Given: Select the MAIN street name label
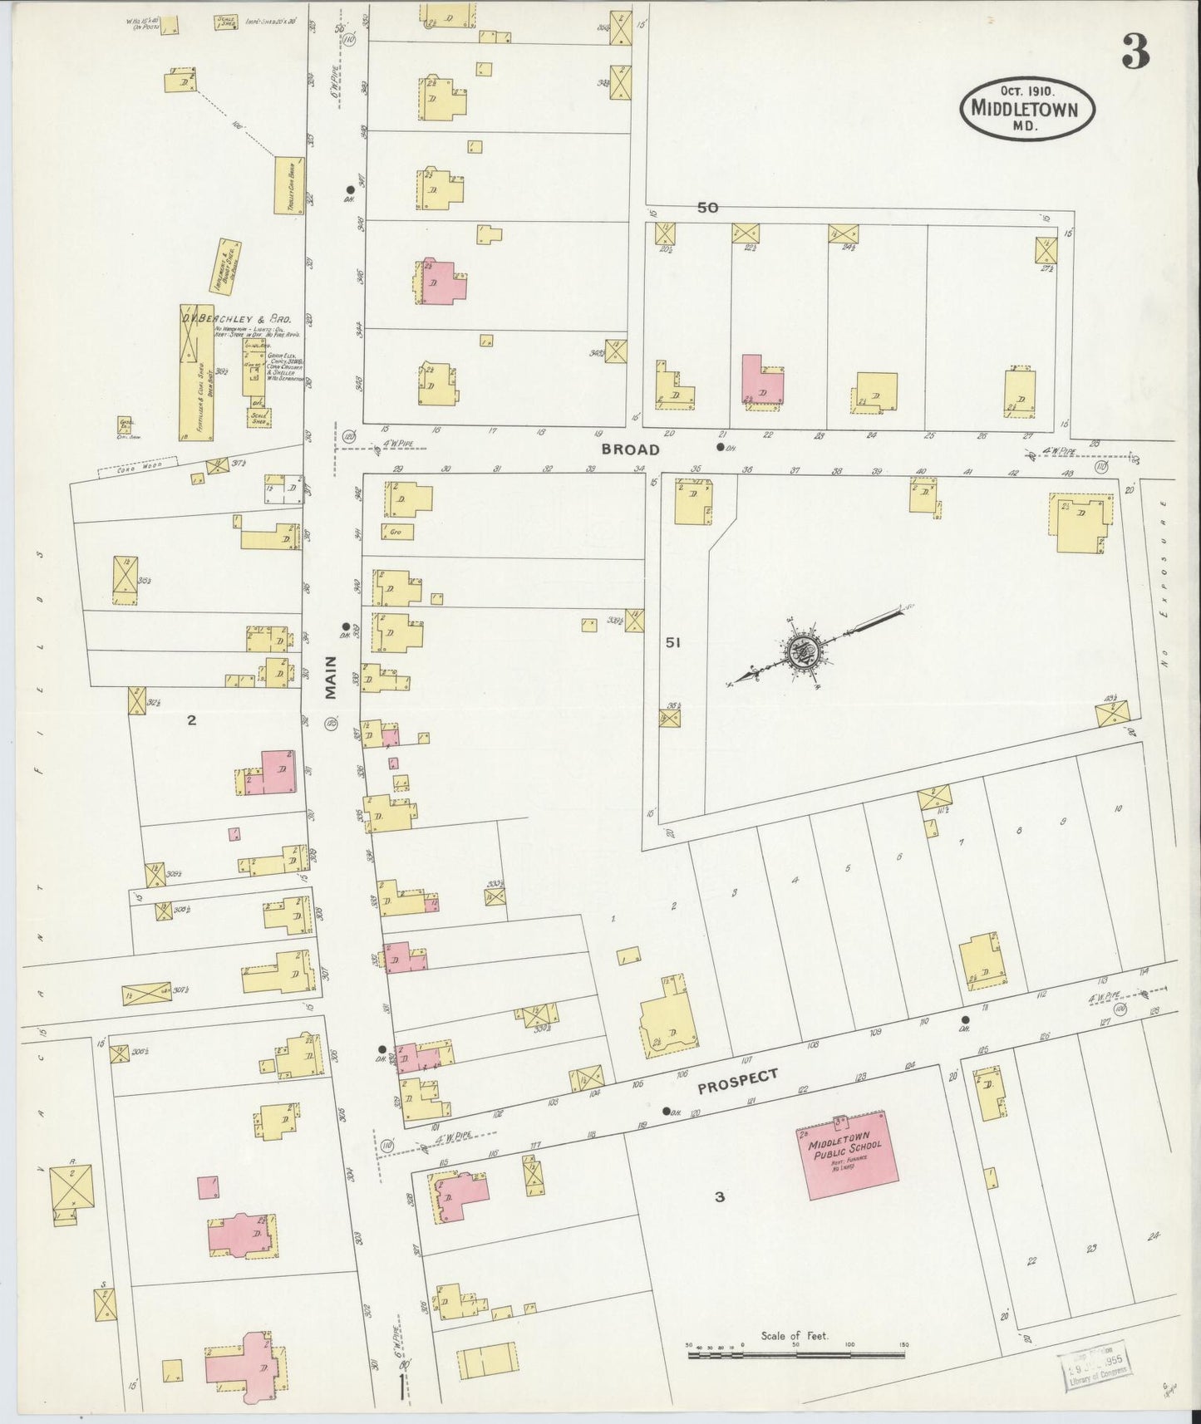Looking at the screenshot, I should click(x=332, y=677).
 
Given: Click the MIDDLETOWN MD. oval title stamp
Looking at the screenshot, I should click(x=1027, y=110).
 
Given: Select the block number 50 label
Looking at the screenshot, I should click(x=707, y=208).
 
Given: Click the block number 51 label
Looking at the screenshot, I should click(x=673, y=642).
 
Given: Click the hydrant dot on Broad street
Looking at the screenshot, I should click(x=720, y=446).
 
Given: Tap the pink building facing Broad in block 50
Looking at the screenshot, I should click(x=761, y=381).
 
